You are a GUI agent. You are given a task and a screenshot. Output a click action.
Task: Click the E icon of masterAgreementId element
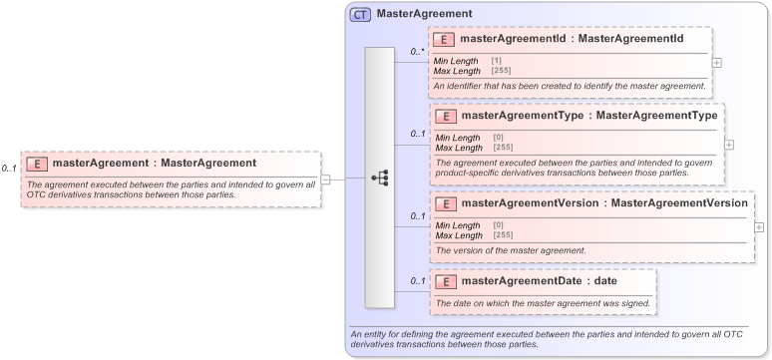pos(444,40)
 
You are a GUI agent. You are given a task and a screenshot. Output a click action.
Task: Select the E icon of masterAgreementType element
pos(445,116)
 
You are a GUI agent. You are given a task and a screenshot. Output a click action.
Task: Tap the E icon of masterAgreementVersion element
pos(445,203)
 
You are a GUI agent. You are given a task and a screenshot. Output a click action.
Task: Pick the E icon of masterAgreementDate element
pos(445,281)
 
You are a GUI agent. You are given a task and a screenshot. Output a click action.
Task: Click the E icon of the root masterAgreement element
pos(36,164)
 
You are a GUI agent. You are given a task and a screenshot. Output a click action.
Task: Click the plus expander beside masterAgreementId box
pos(716,62)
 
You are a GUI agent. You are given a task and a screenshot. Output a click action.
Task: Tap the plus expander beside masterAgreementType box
pos(728,145)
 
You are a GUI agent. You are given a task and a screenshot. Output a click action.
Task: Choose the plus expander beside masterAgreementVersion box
pos(759,227)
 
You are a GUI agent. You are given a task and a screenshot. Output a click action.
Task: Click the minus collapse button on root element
pos(326,180)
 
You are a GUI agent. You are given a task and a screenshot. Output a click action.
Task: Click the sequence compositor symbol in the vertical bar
pos(380,179)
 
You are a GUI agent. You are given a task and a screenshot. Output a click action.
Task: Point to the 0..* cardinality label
pos(417,51)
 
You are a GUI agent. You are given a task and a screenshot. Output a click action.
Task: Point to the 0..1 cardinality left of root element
pos(9,169)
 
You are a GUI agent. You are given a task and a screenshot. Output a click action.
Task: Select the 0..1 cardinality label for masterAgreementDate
pos(417,281)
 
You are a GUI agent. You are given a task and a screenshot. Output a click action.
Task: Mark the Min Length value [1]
pos(497,61)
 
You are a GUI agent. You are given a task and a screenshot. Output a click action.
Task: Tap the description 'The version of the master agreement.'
pos(511,250)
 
